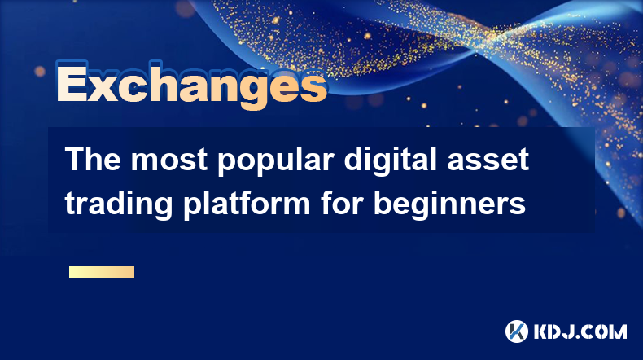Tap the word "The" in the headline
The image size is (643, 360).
[x=93, y=159]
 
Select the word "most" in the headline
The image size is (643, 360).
[x=169, y=160]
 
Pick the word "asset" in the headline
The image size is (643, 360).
[x=488, y=160]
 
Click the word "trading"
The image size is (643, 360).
[x=119, y=204]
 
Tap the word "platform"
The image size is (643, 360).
[x=247, y=204]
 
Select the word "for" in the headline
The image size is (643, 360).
[x=342, y=202]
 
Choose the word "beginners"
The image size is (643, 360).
[x=449, y=204]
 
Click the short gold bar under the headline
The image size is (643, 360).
[x=102, y=271]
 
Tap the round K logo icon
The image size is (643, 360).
[x=517, y=331]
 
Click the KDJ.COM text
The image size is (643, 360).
[x=580, y=331]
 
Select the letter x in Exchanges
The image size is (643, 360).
[x=107, y=87]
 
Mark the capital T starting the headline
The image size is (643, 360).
[x=73, y=159]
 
